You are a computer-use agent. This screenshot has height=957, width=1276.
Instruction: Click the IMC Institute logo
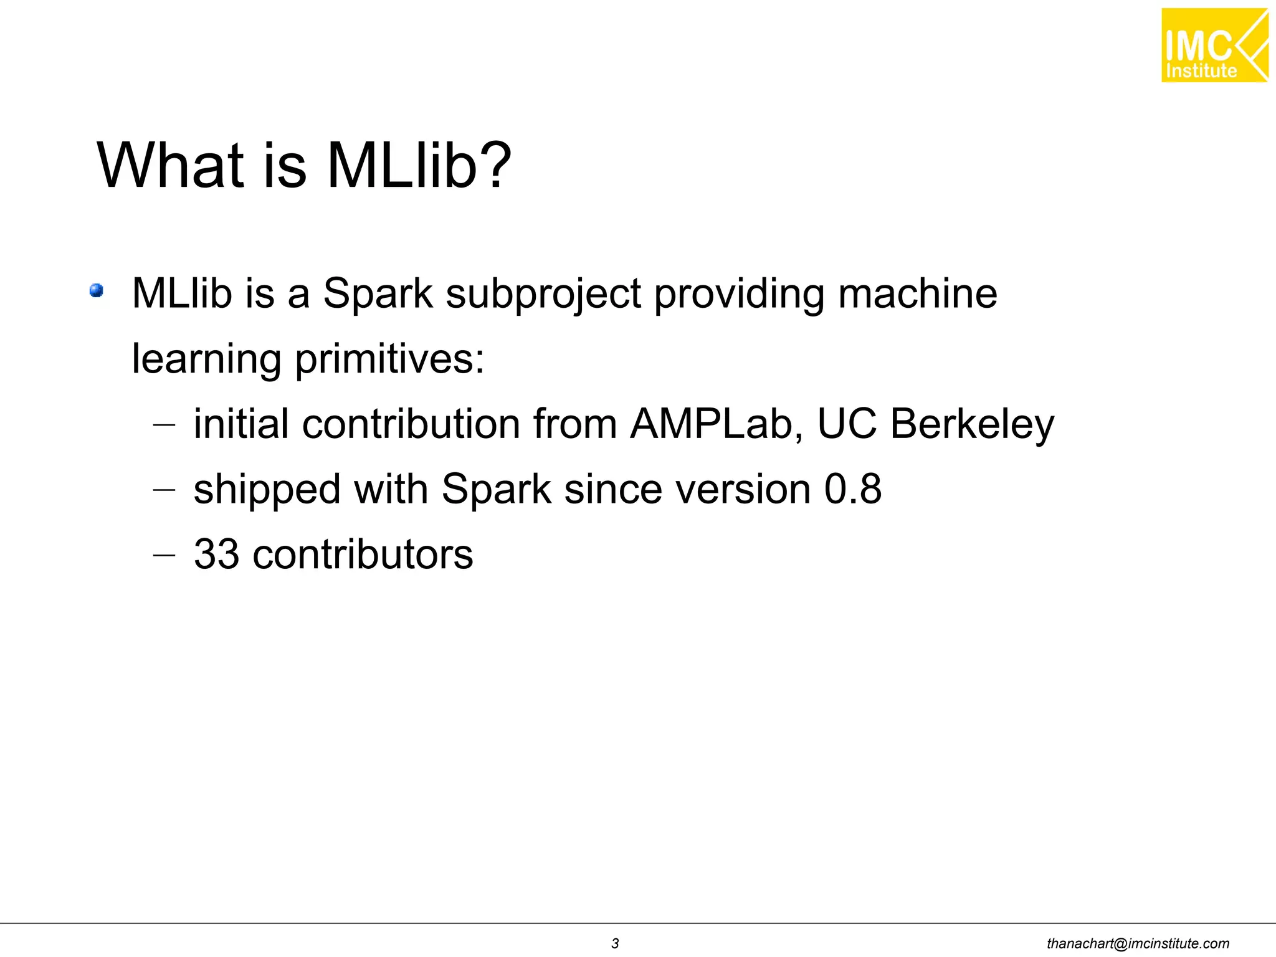point(1214,45)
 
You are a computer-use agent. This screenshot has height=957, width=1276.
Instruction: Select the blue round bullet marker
point(96,290)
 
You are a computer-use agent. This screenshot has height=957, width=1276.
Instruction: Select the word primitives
point(389,359)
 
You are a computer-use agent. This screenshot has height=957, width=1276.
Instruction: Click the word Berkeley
point(972,424)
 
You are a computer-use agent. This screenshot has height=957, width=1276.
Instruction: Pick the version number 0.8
point(852,489)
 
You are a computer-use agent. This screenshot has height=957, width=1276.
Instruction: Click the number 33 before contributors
point(216,554)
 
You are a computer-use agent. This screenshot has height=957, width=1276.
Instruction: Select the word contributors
point(363,554)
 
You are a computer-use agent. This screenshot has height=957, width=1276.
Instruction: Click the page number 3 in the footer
point(615,943)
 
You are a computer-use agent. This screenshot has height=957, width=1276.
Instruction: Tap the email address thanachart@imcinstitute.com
point(1138,943)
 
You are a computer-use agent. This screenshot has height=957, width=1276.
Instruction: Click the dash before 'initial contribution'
point(164,425)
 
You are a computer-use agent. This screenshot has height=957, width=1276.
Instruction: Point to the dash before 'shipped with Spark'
point(164,490)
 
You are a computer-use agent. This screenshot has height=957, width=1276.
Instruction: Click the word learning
point(207,359)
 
